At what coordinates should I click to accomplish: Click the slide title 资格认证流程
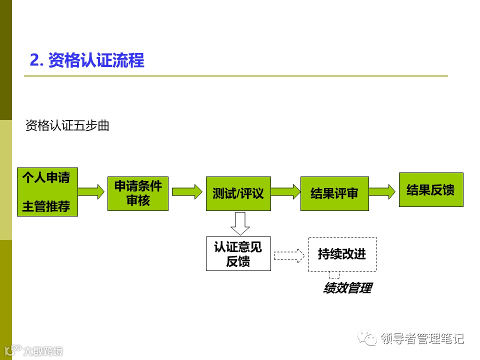[87, 60]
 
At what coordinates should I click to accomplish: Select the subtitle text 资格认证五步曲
[67, 125]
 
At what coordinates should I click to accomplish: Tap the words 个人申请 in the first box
[46, 177]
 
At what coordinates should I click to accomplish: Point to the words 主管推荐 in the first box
[46, 206]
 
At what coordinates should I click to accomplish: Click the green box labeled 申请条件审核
[138, 193]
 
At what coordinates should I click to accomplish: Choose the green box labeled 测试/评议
[238, 193]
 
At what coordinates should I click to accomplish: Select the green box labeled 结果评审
[334, 193]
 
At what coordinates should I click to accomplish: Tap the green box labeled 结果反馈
[430, 189]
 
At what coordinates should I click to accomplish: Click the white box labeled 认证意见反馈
[238, 253]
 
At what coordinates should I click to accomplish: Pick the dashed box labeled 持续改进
[342, 254]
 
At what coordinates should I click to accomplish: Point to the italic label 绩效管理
[347, 288]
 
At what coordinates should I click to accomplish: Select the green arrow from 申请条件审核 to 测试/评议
[185, 191]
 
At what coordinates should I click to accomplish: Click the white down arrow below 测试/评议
[240, 223]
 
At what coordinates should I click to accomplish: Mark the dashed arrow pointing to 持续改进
[288, 255]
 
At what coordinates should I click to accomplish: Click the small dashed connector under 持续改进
[334, 275]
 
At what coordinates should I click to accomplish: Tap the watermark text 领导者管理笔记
[422, 338]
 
